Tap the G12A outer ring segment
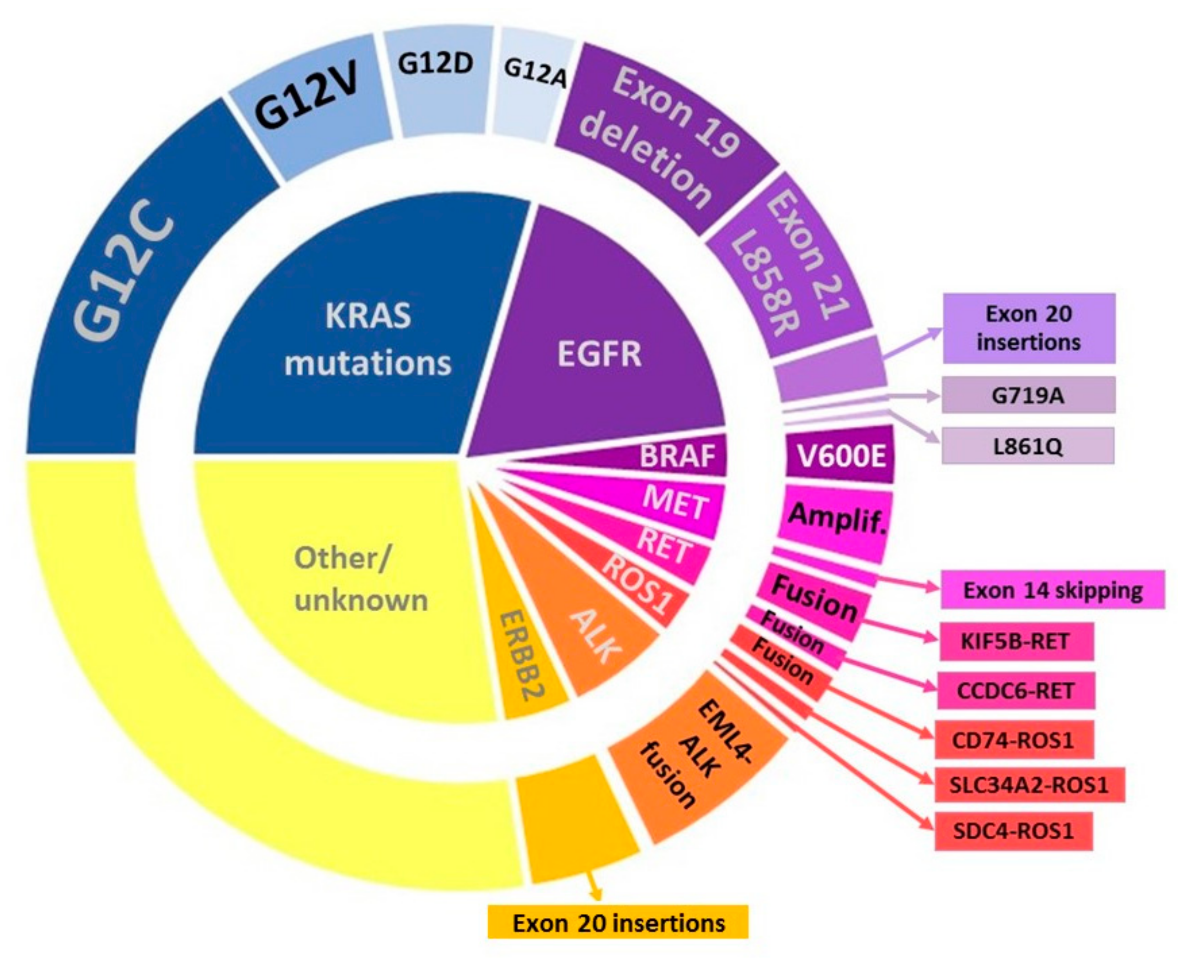point(534,83)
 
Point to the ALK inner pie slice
point(595,639)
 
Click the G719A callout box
point(1028,395)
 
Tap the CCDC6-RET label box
point(1016,690)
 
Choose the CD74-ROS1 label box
point(1013,740)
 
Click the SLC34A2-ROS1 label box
point(1029,785)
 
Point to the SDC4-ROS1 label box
point(1013,831)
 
